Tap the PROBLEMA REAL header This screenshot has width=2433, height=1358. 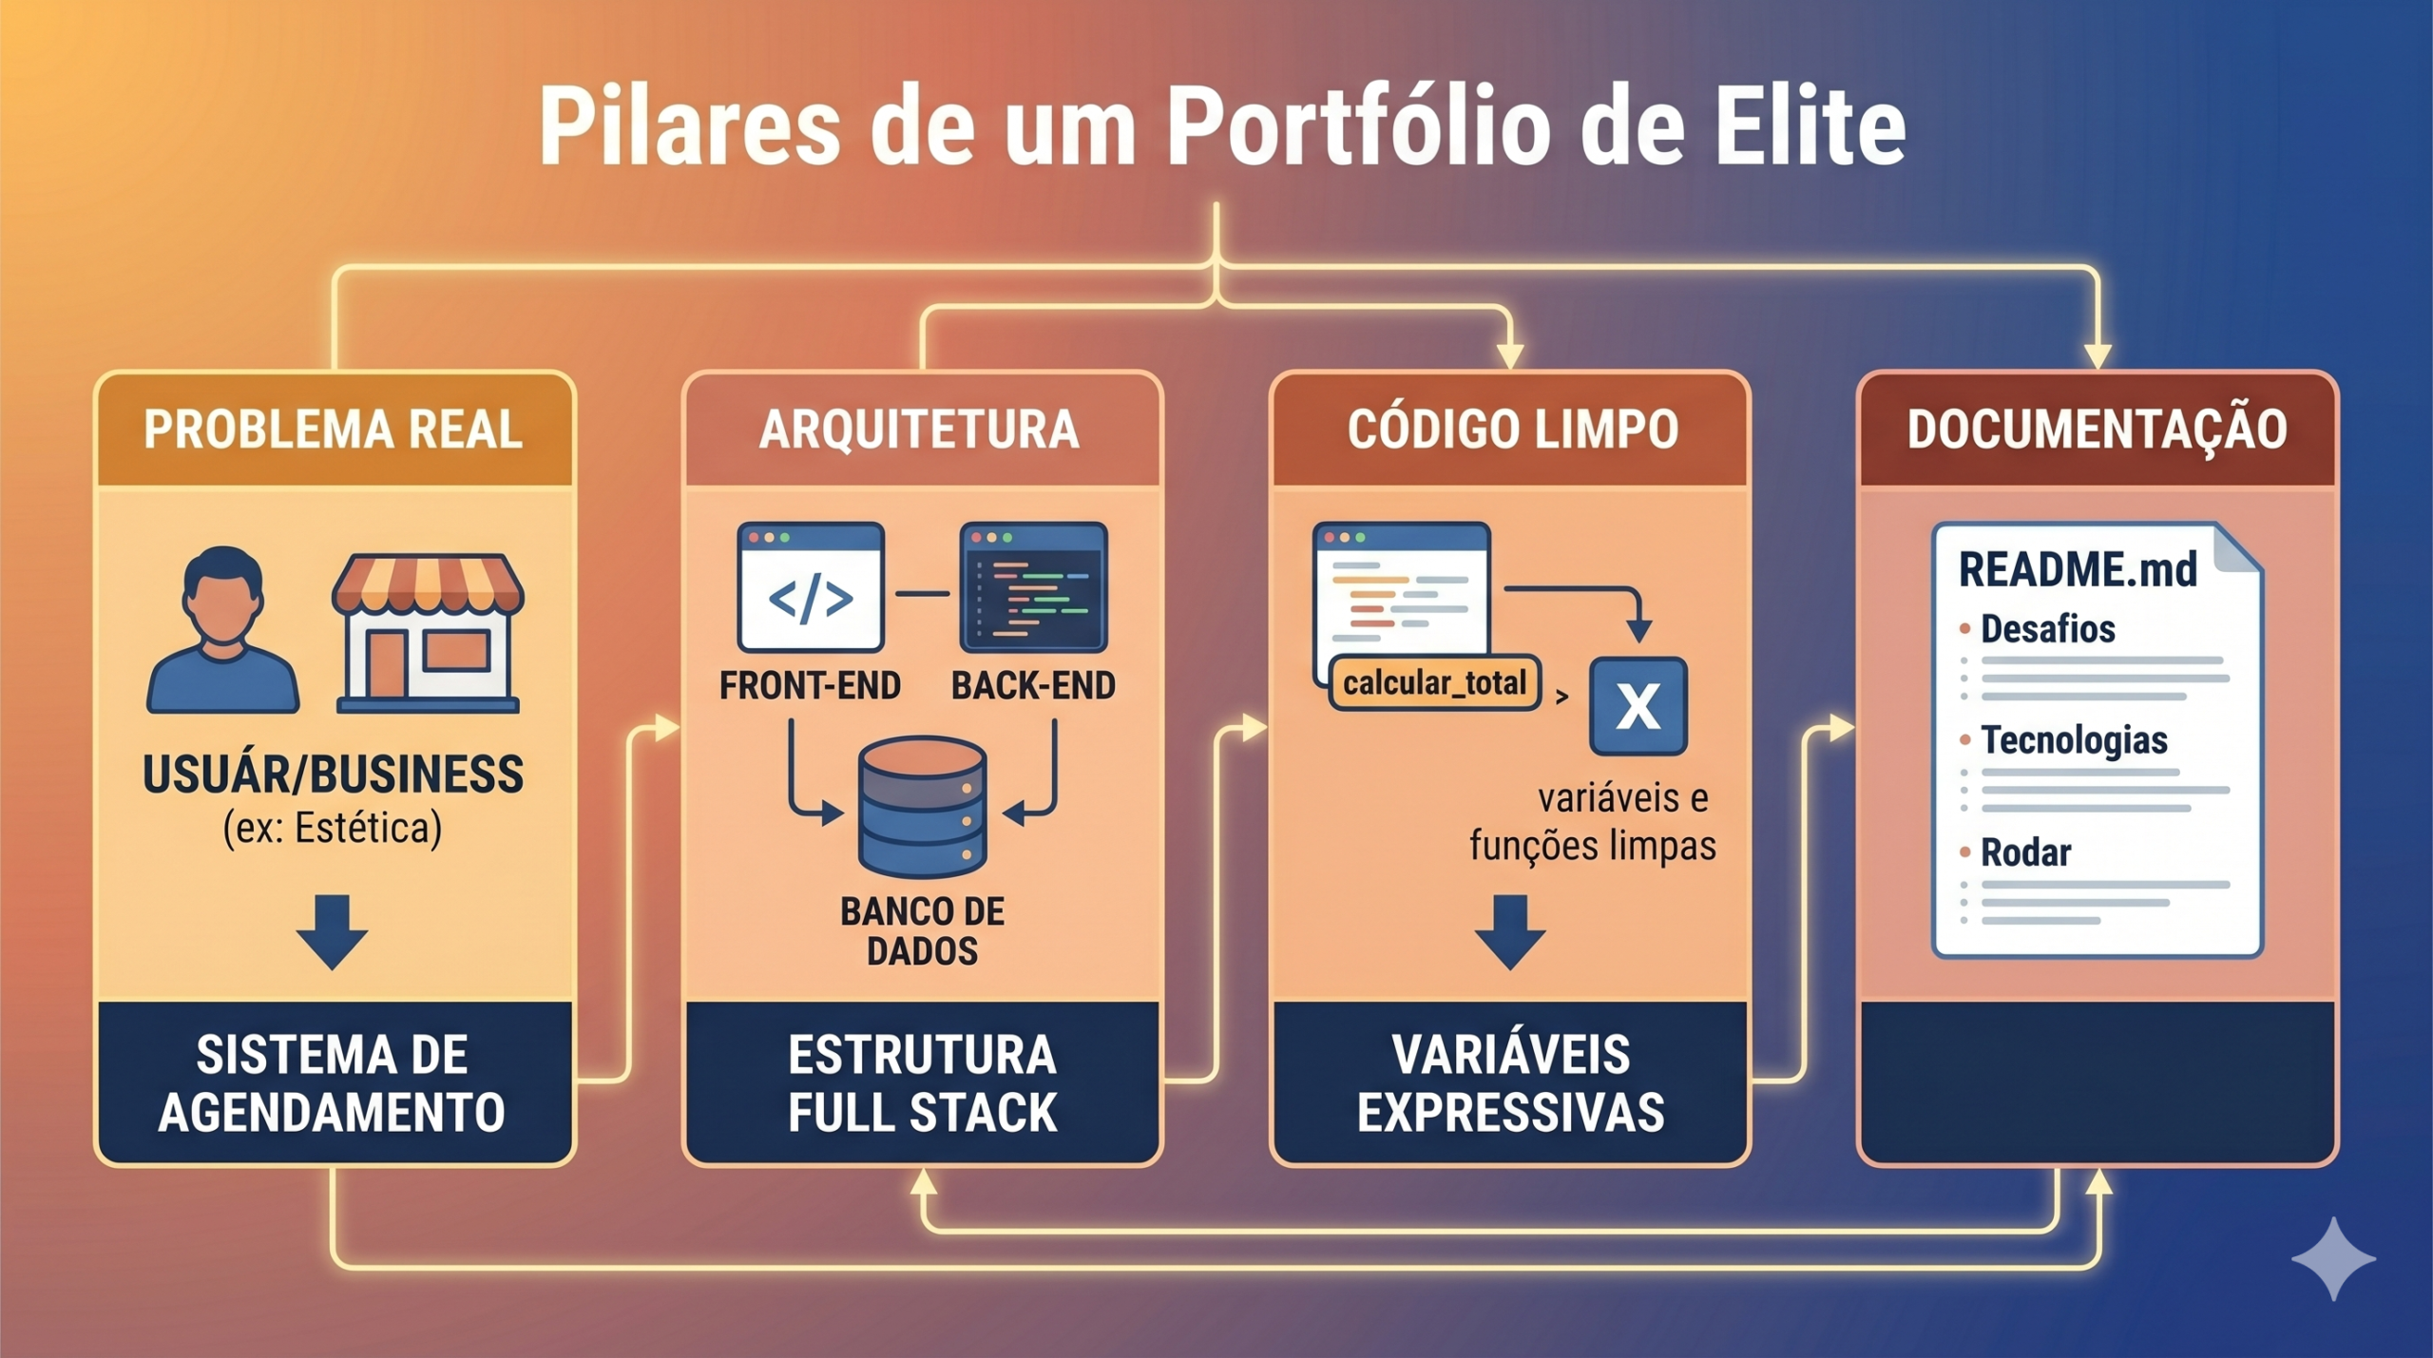tap(334, 430)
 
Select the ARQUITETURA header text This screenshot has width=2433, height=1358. tap(920, 430)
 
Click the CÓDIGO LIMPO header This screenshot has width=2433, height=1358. tap(1512, 430)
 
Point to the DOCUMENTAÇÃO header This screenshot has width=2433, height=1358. tap(2097, 430)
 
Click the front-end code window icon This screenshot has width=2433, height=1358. tap(811, 586)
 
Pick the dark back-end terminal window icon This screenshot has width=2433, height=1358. tap(1033, 586)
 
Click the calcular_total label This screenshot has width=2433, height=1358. tap(1434, 682)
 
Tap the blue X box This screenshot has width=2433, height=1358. tap(1638, 706)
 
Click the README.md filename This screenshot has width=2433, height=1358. tap(2078, 569)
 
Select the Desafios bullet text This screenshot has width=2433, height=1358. tap(2047, 629)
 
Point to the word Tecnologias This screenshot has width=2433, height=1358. tap(2074, 740)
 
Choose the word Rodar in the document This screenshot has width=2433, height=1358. tap(2025, 852)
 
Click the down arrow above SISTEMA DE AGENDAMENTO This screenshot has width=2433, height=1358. tap(332, 930)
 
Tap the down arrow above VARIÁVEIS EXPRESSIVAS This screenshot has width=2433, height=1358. tap(1510, 930)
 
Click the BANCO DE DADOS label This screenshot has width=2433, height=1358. tap(922, 931)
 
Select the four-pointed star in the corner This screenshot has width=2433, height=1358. tap(2333, 1258)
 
